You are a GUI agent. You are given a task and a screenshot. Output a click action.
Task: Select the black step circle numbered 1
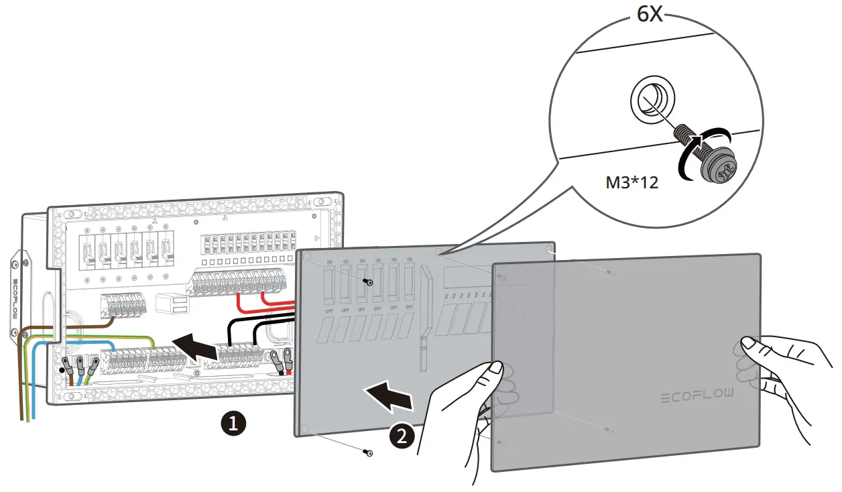233,424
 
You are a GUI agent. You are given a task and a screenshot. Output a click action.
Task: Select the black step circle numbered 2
401,436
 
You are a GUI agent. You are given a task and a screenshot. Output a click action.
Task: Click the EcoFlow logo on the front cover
697,395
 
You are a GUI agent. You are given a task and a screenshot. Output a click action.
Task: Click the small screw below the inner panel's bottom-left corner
367,453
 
